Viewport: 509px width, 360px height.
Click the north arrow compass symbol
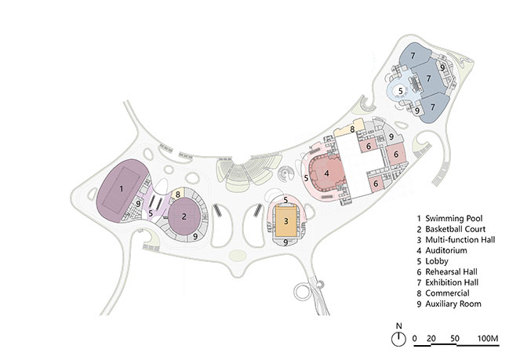click(399, 338)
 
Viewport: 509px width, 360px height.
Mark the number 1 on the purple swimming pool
click(122, 189)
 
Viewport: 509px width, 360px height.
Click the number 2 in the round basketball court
click(184, 214)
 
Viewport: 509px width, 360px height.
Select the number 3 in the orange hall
click(287, 222)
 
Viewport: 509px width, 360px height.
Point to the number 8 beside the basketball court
click(179, 194)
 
